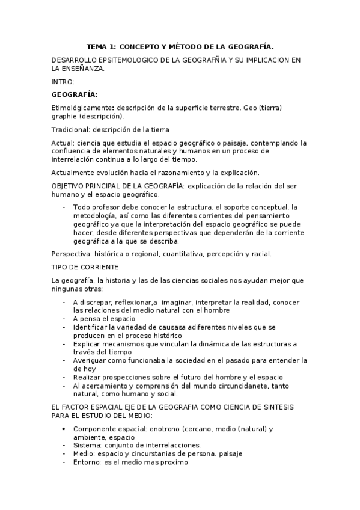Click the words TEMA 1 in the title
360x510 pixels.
101,45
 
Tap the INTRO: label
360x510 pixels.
63,81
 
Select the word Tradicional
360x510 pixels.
70,130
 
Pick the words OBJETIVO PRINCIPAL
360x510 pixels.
90,186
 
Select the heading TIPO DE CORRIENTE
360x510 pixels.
85,266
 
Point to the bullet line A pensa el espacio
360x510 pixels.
104,318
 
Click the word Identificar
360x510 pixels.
92,327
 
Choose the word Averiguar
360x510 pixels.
93,360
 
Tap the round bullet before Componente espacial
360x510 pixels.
64,429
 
